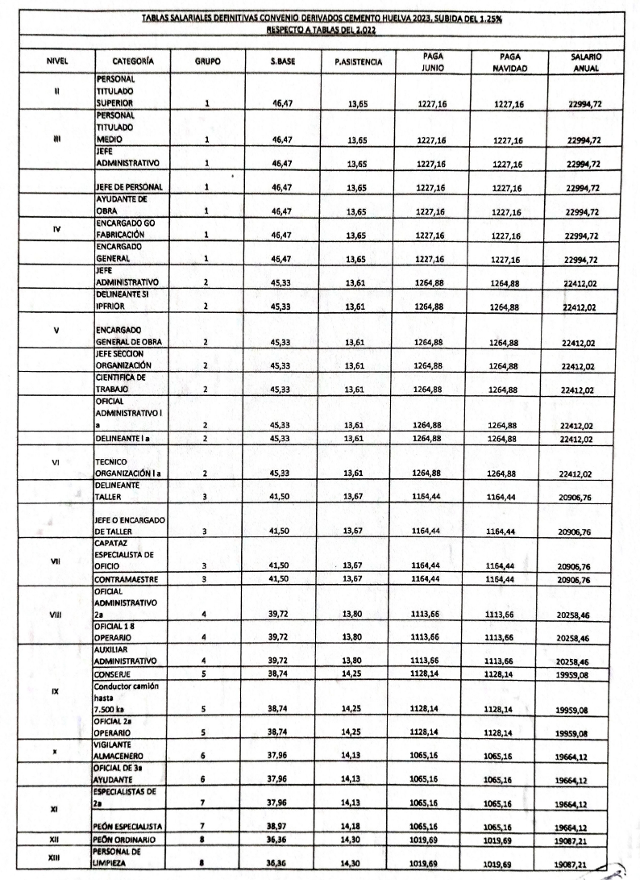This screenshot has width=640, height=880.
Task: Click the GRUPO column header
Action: coord(206,60)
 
